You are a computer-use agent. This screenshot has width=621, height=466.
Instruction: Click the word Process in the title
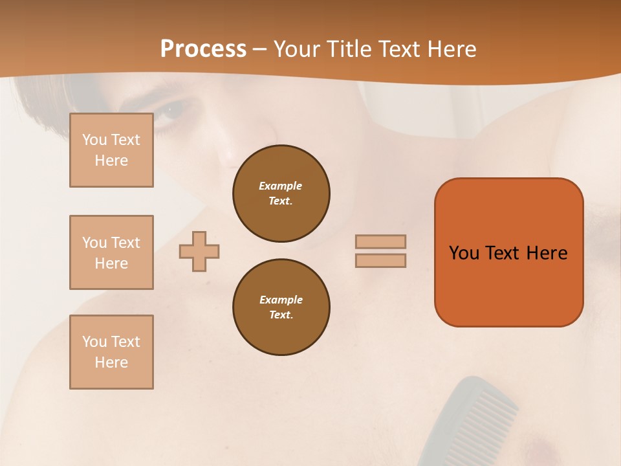click(203, 49)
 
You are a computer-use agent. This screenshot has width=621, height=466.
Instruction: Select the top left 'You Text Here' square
click(111, 150)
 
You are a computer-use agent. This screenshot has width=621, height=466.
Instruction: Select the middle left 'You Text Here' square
click(111, 252)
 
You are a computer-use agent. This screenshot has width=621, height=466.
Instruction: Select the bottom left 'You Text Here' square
click(111, 352)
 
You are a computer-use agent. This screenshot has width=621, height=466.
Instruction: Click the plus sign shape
click(199, 251)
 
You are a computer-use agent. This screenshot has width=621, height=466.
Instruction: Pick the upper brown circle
click(281, 193)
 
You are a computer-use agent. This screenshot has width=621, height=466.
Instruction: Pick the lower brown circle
click(281, 307)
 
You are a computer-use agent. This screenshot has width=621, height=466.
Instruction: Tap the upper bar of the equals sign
click(380, 241)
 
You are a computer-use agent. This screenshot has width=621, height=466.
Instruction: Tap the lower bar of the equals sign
click(380, 260)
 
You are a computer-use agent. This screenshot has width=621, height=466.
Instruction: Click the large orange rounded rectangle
click(508, 285)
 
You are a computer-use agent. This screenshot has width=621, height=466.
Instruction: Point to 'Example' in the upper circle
click(280, 186)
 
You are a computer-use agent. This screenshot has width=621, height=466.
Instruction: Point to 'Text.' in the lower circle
click(281, 315)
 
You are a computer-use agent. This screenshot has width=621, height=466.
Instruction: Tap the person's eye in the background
click(172, 111)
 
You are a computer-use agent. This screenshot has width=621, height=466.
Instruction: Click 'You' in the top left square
click(94, 140)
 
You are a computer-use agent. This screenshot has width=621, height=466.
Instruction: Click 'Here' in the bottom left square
click(111, 362)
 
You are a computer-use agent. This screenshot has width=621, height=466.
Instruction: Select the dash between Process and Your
click(259, 49)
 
